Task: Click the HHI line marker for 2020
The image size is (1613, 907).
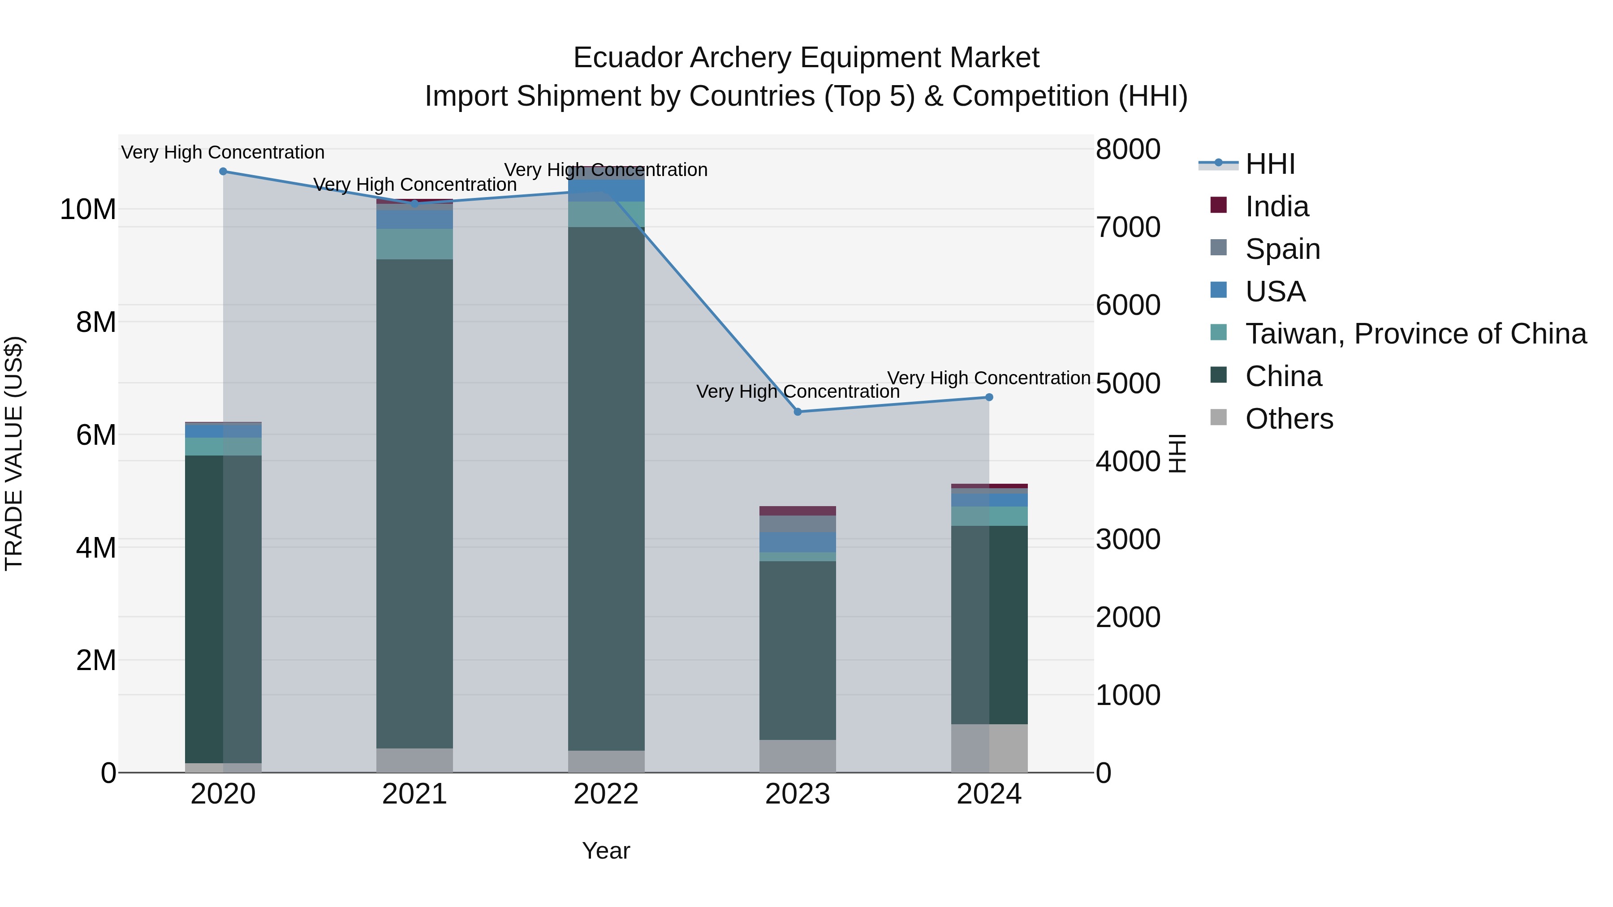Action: [x=223, y=172]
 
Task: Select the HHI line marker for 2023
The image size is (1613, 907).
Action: [x=797, y=412]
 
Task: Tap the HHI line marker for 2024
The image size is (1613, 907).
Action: [x=989, y=397]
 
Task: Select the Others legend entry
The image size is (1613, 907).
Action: [x=1289, y=419]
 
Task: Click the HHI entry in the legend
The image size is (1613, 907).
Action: [x=1270, y=164]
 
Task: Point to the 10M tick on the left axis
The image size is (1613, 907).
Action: [x=88, y=209]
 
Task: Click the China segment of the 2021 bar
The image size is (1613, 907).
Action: [x=414, y=501]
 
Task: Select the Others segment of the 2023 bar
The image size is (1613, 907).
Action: [x=797, y=756]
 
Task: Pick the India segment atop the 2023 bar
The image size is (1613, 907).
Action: [x=797, y=511]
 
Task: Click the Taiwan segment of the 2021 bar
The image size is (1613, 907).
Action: [x=414, y=244]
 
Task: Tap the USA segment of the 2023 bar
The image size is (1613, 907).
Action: [x=797, y=542]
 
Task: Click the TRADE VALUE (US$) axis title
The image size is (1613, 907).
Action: [x=14, y=453]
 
